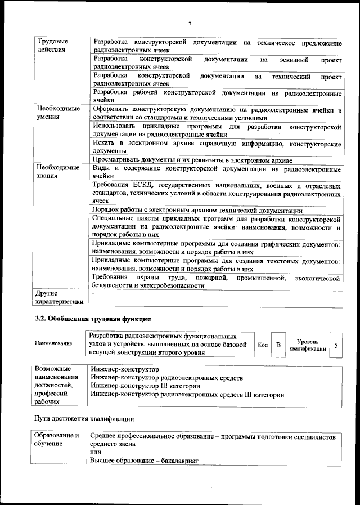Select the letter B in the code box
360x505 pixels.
278,345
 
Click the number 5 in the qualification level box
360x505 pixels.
336,345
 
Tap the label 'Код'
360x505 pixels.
262,345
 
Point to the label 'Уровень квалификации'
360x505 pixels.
307,345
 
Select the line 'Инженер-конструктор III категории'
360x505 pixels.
146,386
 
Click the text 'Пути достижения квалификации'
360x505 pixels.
84,420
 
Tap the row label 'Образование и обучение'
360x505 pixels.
57,440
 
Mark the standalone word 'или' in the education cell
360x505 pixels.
96,453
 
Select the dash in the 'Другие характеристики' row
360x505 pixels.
93,293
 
